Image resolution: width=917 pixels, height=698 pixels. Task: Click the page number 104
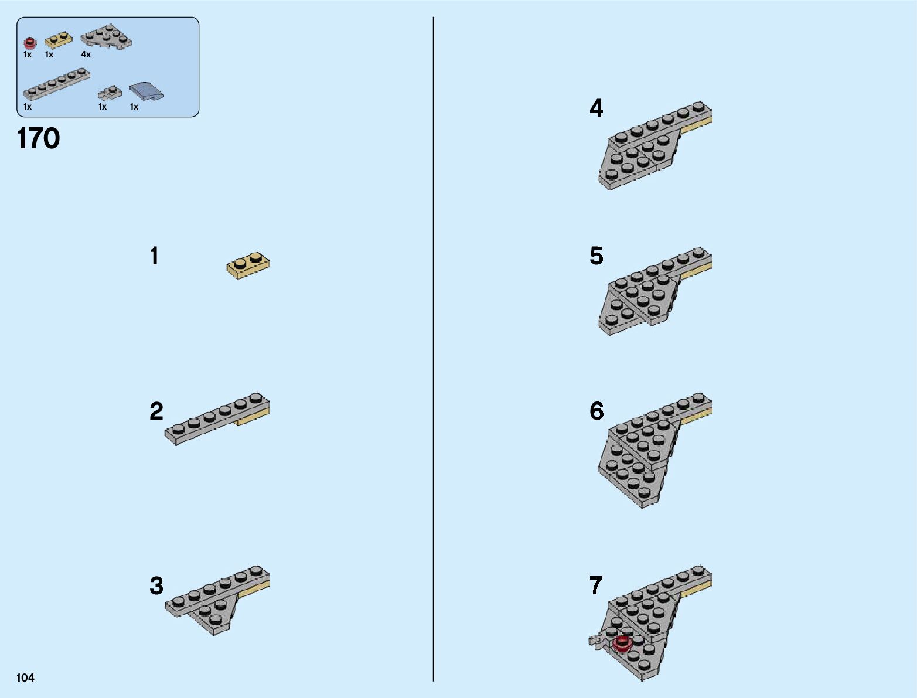point(25,677)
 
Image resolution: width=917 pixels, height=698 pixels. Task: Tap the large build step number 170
point(39,138)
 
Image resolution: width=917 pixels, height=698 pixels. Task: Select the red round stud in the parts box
point(30,43)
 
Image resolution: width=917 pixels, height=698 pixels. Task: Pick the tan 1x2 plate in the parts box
point(58,40)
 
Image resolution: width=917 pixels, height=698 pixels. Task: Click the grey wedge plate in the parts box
point(106,36)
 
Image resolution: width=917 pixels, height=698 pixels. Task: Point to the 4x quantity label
point(86,55)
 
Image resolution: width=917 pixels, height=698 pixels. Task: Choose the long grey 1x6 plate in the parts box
point(56,84)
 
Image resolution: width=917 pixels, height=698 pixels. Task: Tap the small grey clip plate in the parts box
point(110,93)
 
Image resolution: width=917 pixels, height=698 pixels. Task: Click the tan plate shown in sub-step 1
point(248,265)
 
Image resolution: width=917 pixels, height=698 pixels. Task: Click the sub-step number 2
point(156,411)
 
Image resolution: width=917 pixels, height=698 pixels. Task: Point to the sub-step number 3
point(156,585)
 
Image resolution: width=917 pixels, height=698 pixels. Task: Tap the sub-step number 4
point(596,108)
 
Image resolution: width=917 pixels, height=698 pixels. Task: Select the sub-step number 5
point(596,256)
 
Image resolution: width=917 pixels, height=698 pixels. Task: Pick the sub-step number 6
point(596,411)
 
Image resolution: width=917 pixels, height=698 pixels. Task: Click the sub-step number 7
point(596,585)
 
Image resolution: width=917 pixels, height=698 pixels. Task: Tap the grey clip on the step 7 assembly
point(596,641)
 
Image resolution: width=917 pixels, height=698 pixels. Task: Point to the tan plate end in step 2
point(253,417)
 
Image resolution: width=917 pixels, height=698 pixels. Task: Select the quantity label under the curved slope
point(134,107)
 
